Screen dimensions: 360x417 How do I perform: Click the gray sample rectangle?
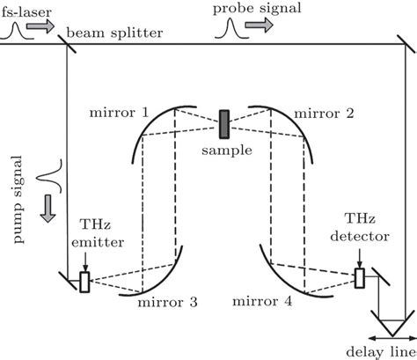coord(224,122)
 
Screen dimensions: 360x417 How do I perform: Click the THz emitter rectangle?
coord(84,282)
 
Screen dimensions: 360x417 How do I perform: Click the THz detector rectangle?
coord(359,278)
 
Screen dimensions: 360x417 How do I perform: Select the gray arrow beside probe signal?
coord(259,28)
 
